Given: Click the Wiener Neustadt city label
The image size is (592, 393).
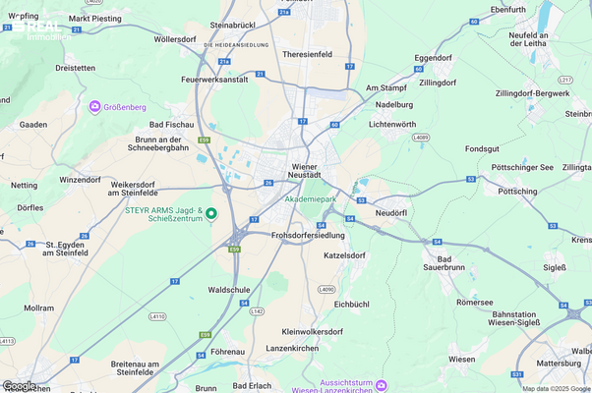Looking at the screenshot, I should pyautogui.click(x=311, y=170).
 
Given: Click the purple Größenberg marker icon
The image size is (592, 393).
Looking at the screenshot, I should pyautogui.click(x=94, y=106).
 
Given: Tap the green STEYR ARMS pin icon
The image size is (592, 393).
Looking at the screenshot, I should pyautogui.click(x=209, y=213).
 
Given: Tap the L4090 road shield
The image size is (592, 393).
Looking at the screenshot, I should pyautogui.click(x=327, y=290).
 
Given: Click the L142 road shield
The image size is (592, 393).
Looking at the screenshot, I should pyautogui.click(x=258, y=310).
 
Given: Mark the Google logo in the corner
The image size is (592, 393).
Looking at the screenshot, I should pyautogui.click(x=20, y=385).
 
